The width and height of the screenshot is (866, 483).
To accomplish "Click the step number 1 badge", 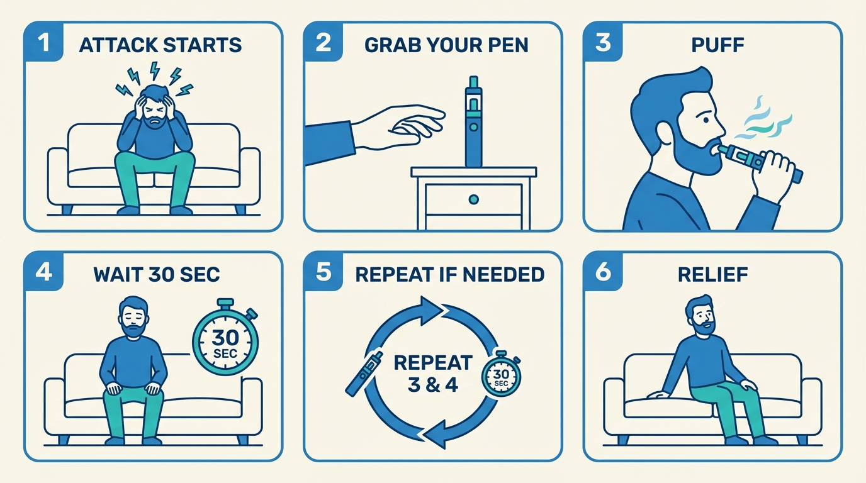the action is pos(43,42).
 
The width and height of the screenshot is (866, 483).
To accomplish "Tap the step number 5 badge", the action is pos(323,271).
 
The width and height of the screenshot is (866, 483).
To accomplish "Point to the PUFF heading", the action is pos(718,45).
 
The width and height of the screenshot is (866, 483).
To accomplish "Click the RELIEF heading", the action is pos(713,275).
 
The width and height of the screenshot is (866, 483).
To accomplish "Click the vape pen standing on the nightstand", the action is pos(474,121).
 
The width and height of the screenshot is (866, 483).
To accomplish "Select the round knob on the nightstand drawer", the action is pos(473,199).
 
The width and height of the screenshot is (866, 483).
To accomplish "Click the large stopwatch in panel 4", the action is pos(225,337).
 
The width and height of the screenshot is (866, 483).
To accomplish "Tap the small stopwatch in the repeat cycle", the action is pos(501,374).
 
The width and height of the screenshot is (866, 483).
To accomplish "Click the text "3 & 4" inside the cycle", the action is pos(433,386).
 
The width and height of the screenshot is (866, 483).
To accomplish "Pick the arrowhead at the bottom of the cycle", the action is pos(436,433).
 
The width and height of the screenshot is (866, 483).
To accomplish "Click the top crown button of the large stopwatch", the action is pos(225,302).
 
